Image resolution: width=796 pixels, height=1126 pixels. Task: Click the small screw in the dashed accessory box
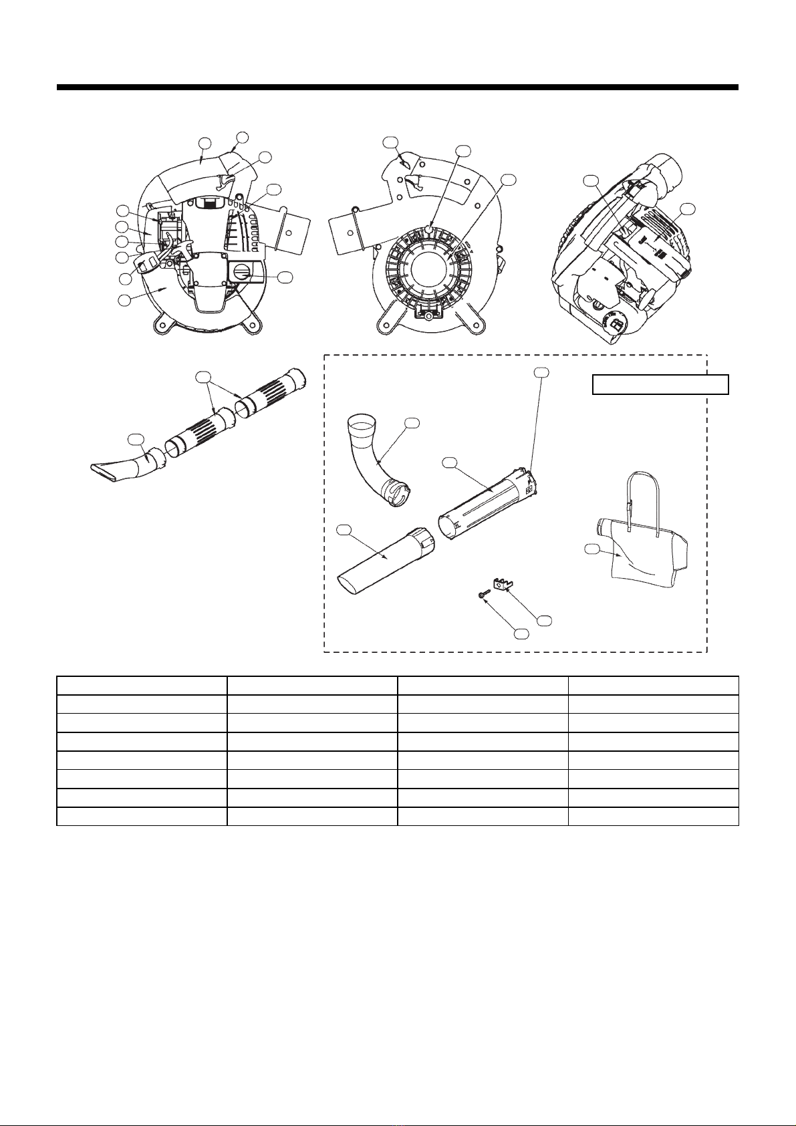coord(483,593)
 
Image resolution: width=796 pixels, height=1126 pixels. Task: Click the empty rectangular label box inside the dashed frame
coord(660,385)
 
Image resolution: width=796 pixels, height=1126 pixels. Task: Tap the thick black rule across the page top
coord(398,87)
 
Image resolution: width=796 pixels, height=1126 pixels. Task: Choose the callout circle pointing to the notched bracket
coord(545,620)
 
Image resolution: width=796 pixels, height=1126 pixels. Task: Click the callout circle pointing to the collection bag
coord(590,549)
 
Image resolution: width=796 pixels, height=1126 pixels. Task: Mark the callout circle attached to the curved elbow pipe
coord(412,423)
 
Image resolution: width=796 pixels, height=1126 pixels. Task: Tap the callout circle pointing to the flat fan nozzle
coord(136,439)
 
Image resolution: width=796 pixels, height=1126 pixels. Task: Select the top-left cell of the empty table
coord(142,686)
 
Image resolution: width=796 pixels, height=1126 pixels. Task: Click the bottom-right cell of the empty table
coord(654,816)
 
